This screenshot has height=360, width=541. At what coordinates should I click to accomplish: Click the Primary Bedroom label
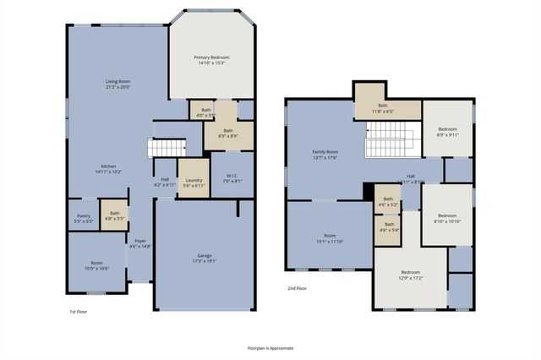(212, 60)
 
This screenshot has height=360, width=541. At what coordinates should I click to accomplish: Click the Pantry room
(84, 218)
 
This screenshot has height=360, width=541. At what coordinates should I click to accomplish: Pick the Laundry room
(194, 183)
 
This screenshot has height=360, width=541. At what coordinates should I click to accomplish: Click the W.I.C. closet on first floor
(232, 177)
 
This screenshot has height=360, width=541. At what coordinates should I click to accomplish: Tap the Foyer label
(139, 243)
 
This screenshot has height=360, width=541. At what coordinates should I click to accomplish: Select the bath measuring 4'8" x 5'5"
(114, 215)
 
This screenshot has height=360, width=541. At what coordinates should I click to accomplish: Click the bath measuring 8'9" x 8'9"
(228, 133)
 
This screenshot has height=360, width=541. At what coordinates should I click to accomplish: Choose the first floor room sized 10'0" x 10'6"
(97, 265)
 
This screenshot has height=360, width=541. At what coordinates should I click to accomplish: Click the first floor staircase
(167, 148)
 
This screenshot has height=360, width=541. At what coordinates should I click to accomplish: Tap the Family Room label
(325, 154)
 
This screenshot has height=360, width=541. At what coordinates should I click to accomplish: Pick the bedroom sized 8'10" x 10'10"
(447, 218)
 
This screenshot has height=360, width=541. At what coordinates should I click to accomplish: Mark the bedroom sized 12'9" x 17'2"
(410, 275)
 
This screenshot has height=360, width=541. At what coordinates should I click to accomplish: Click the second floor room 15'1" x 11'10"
(329, 237)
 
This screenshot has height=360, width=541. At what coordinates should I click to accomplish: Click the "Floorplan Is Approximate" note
(270, 347)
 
